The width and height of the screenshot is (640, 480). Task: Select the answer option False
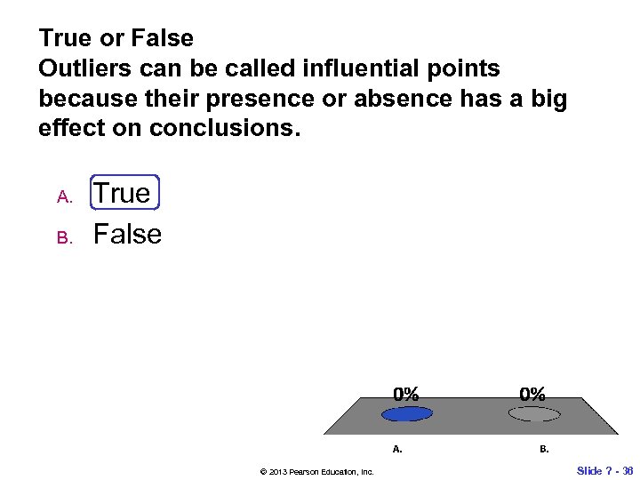point(127,235)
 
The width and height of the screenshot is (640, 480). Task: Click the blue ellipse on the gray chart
point(407,413)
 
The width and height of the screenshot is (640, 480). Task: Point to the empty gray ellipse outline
point(533,413)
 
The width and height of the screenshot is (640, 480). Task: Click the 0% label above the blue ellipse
point(407,393)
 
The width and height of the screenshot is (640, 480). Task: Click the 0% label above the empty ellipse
point(533,393)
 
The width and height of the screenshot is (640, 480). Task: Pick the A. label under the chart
point(397,449)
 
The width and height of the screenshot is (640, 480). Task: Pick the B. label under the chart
point(544,449)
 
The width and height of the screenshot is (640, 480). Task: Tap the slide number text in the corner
point(604,469)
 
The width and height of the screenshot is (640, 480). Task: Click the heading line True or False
point(116,38)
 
